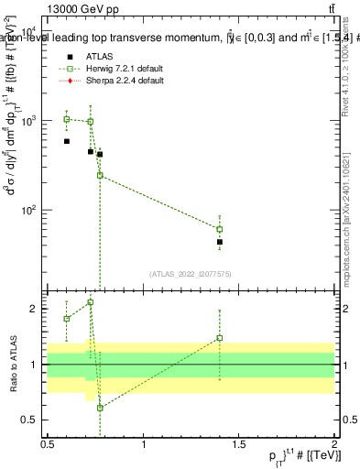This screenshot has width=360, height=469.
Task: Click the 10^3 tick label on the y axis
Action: point(29,121)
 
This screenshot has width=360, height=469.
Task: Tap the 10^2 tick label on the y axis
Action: point(29,210)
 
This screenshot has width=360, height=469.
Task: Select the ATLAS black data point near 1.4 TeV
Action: point(220,242)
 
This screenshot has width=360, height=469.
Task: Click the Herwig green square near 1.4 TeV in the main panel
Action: point(220,229)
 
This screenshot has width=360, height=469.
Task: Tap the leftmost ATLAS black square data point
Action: point(67,141)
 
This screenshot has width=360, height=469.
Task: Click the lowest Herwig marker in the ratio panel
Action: point(100,408)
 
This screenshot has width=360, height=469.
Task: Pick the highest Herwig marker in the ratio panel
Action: point(90,302)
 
